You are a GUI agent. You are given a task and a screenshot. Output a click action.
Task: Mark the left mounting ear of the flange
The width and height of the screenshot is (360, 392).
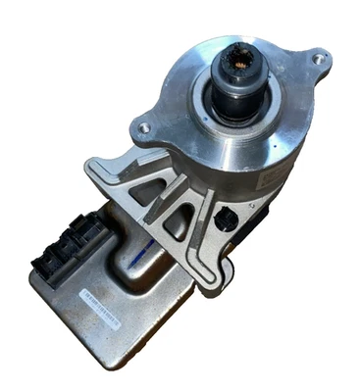(144, 125)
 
